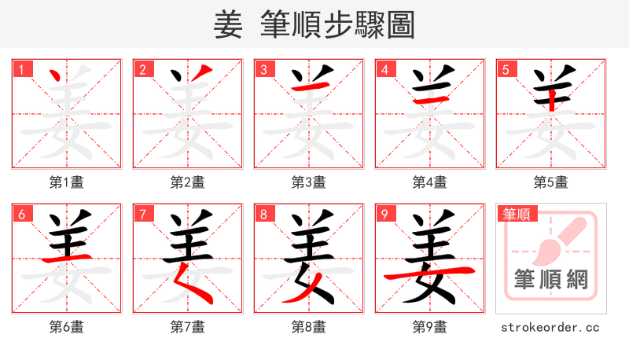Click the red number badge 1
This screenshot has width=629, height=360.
click(x=21, y=69)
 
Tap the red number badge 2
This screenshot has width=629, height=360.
click(x=142, y=69)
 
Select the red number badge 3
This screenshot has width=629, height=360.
click(x=263, y=69)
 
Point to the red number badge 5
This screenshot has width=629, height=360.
click(x=506, y=69)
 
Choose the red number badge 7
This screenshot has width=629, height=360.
click(x=142, y=214)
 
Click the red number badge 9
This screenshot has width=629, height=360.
click(x=384, y=214)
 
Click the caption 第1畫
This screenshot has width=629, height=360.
click(x=67, y=182)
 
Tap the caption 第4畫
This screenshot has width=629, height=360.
click(x=430, y=182)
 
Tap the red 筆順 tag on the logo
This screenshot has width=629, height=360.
click(x=517, y=214)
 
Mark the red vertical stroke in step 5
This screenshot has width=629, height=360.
click(x=551, y=97)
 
